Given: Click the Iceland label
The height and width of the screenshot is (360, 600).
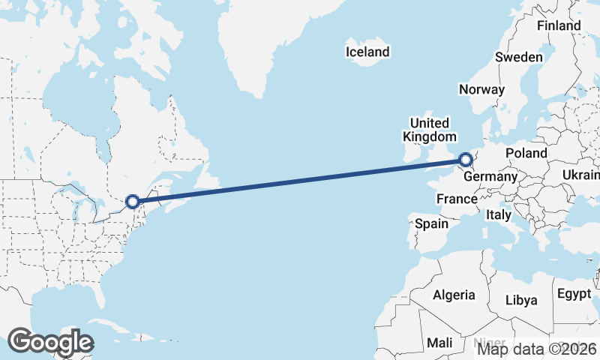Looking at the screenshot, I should [367, 52].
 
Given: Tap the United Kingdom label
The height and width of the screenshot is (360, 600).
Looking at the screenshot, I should [429, 130].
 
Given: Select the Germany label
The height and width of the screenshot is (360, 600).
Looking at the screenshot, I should [490, 177].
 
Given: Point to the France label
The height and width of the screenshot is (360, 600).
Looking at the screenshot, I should [457, 199].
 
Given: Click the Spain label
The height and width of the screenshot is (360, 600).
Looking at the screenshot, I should [431, 223].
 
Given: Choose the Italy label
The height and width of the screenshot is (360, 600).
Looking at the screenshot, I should [498, 214].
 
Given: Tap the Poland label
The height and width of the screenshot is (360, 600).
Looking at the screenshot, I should [526, 153].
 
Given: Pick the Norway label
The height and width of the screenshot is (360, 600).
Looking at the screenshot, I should [481, 89].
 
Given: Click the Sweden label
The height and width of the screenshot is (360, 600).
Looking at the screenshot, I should [519, 58].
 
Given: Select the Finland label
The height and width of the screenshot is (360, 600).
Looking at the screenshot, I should [559, 25].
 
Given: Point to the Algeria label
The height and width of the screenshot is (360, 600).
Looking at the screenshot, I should [454, 295].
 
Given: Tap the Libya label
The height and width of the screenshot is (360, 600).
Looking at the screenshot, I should [521, 300].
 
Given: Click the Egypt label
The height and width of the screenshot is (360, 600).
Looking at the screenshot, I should [574, 294].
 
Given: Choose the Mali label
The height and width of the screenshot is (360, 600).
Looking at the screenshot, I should [439, 343].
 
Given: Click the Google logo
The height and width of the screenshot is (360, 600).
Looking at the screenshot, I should [50, 342].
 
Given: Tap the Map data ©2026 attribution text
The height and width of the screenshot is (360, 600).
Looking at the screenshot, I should [538, 348].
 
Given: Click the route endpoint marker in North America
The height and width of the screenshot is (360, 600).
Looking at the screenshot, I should [133, 201].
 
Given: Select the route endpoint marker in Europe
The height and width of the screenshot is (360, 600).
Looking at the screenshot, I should [466, 160].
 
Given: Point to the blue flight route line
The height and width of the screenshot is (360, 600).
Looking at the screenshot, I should [300, 180].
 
